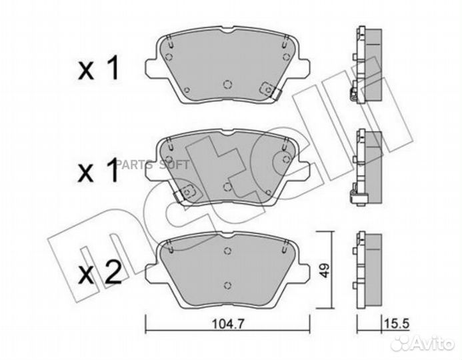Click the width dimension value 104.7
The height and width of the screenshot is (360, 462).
[229, 325]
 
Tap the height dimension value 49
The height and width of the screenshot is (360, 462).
[325, 270]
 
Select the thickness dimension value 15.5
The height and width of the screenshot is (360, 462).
[397, 324]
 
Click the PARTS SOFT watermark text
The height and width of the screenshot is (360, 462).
[152, 165]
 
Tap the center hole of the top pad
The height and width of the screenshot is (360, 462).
[227, 85]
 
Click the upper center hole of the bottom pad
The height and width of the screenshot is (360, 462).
[227, 251]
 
